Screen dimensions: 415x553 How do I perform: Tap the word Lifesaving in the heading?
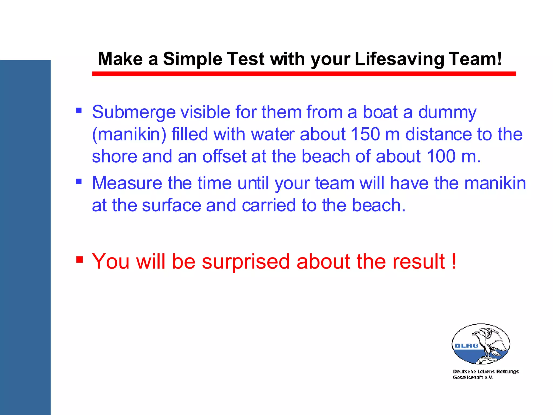click(399, 59)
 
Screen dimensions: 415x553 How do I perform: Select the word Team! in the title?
click(475, 59)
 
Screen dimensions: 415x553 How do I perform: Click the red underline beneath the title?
click(304, 74)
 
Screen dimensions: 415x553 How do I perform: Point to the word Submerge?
click(134, 112)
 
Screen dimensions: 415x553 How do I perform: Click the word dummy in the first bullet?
click(447, 112)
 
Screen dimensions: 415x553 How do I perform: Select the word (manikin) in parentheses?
click(129, 135)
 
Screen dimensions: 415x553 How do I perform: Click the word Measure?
click(127, 183)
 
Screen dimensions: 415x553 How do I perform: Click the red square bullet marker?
click(79, 260)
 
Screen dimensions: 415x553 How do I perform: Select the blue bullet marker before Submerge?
click(79, 110)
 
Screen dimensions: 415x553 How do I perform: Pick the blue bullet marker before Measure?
click(79, 181)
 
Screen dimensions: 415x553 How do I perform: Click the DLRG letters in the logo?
click(466, 346)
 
